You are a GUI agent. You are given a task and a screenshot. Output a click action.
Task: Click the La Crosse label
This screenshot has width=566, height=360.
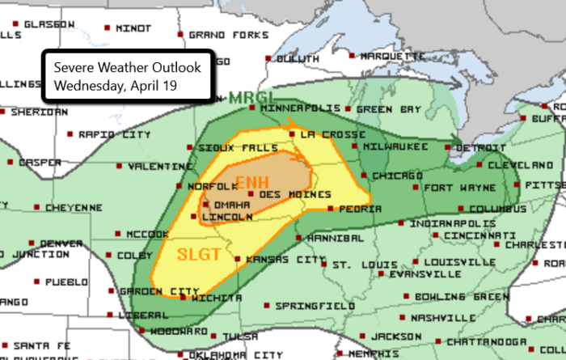click(x=323, y=133)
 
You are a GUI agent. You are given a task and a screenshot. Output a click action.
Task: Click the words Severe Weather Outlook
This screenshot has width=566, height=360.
click(x=128, y=67)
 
